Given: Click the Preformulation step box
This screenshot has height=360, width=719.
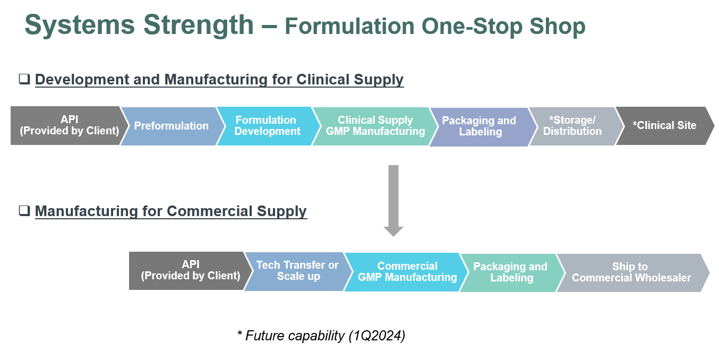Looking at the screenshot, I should (171, 126).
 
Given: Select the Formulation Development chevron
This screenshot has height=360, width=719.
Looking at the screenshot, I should (267, 126).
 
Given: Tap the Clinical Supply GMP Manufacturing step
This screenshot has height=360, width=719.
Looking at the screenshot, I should (375, 126).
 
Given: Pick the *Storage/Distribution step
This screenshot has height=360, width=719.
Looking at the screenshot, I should (572, 126).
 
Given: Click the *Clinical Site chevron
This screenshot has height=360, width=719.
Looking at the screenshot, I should (664, 126).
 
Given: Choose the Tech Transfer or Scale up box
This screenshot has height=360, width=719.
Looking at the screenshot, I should (297, 271).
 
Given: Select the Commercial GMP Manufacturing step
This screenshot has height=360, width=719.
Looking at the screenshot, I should (407, 271).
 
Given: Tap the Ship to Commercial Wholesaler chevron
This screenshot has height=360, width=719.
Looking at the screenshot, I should (631, 272).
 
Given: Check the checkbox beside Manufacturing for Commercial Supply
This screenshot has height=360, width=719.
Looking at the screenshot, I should (24, 211).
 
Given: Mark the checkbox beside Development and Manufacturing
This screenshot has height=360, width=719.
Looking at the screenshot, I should (24, 79).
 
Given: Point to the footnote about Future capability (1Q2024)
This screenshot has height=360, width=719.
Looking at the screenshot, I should (321, 336).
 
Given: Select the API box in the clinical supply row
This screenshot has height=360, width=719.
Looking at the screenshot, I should (69, 125).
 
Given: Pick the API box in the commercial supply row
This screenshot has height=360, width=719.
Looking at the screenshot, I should (190, 270).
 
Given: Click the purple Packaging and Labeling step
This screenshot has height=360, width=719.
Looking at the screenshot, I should (479, 126).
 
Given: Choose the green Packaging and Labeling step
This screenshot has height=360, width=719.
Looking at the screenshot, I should (510, 272).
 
